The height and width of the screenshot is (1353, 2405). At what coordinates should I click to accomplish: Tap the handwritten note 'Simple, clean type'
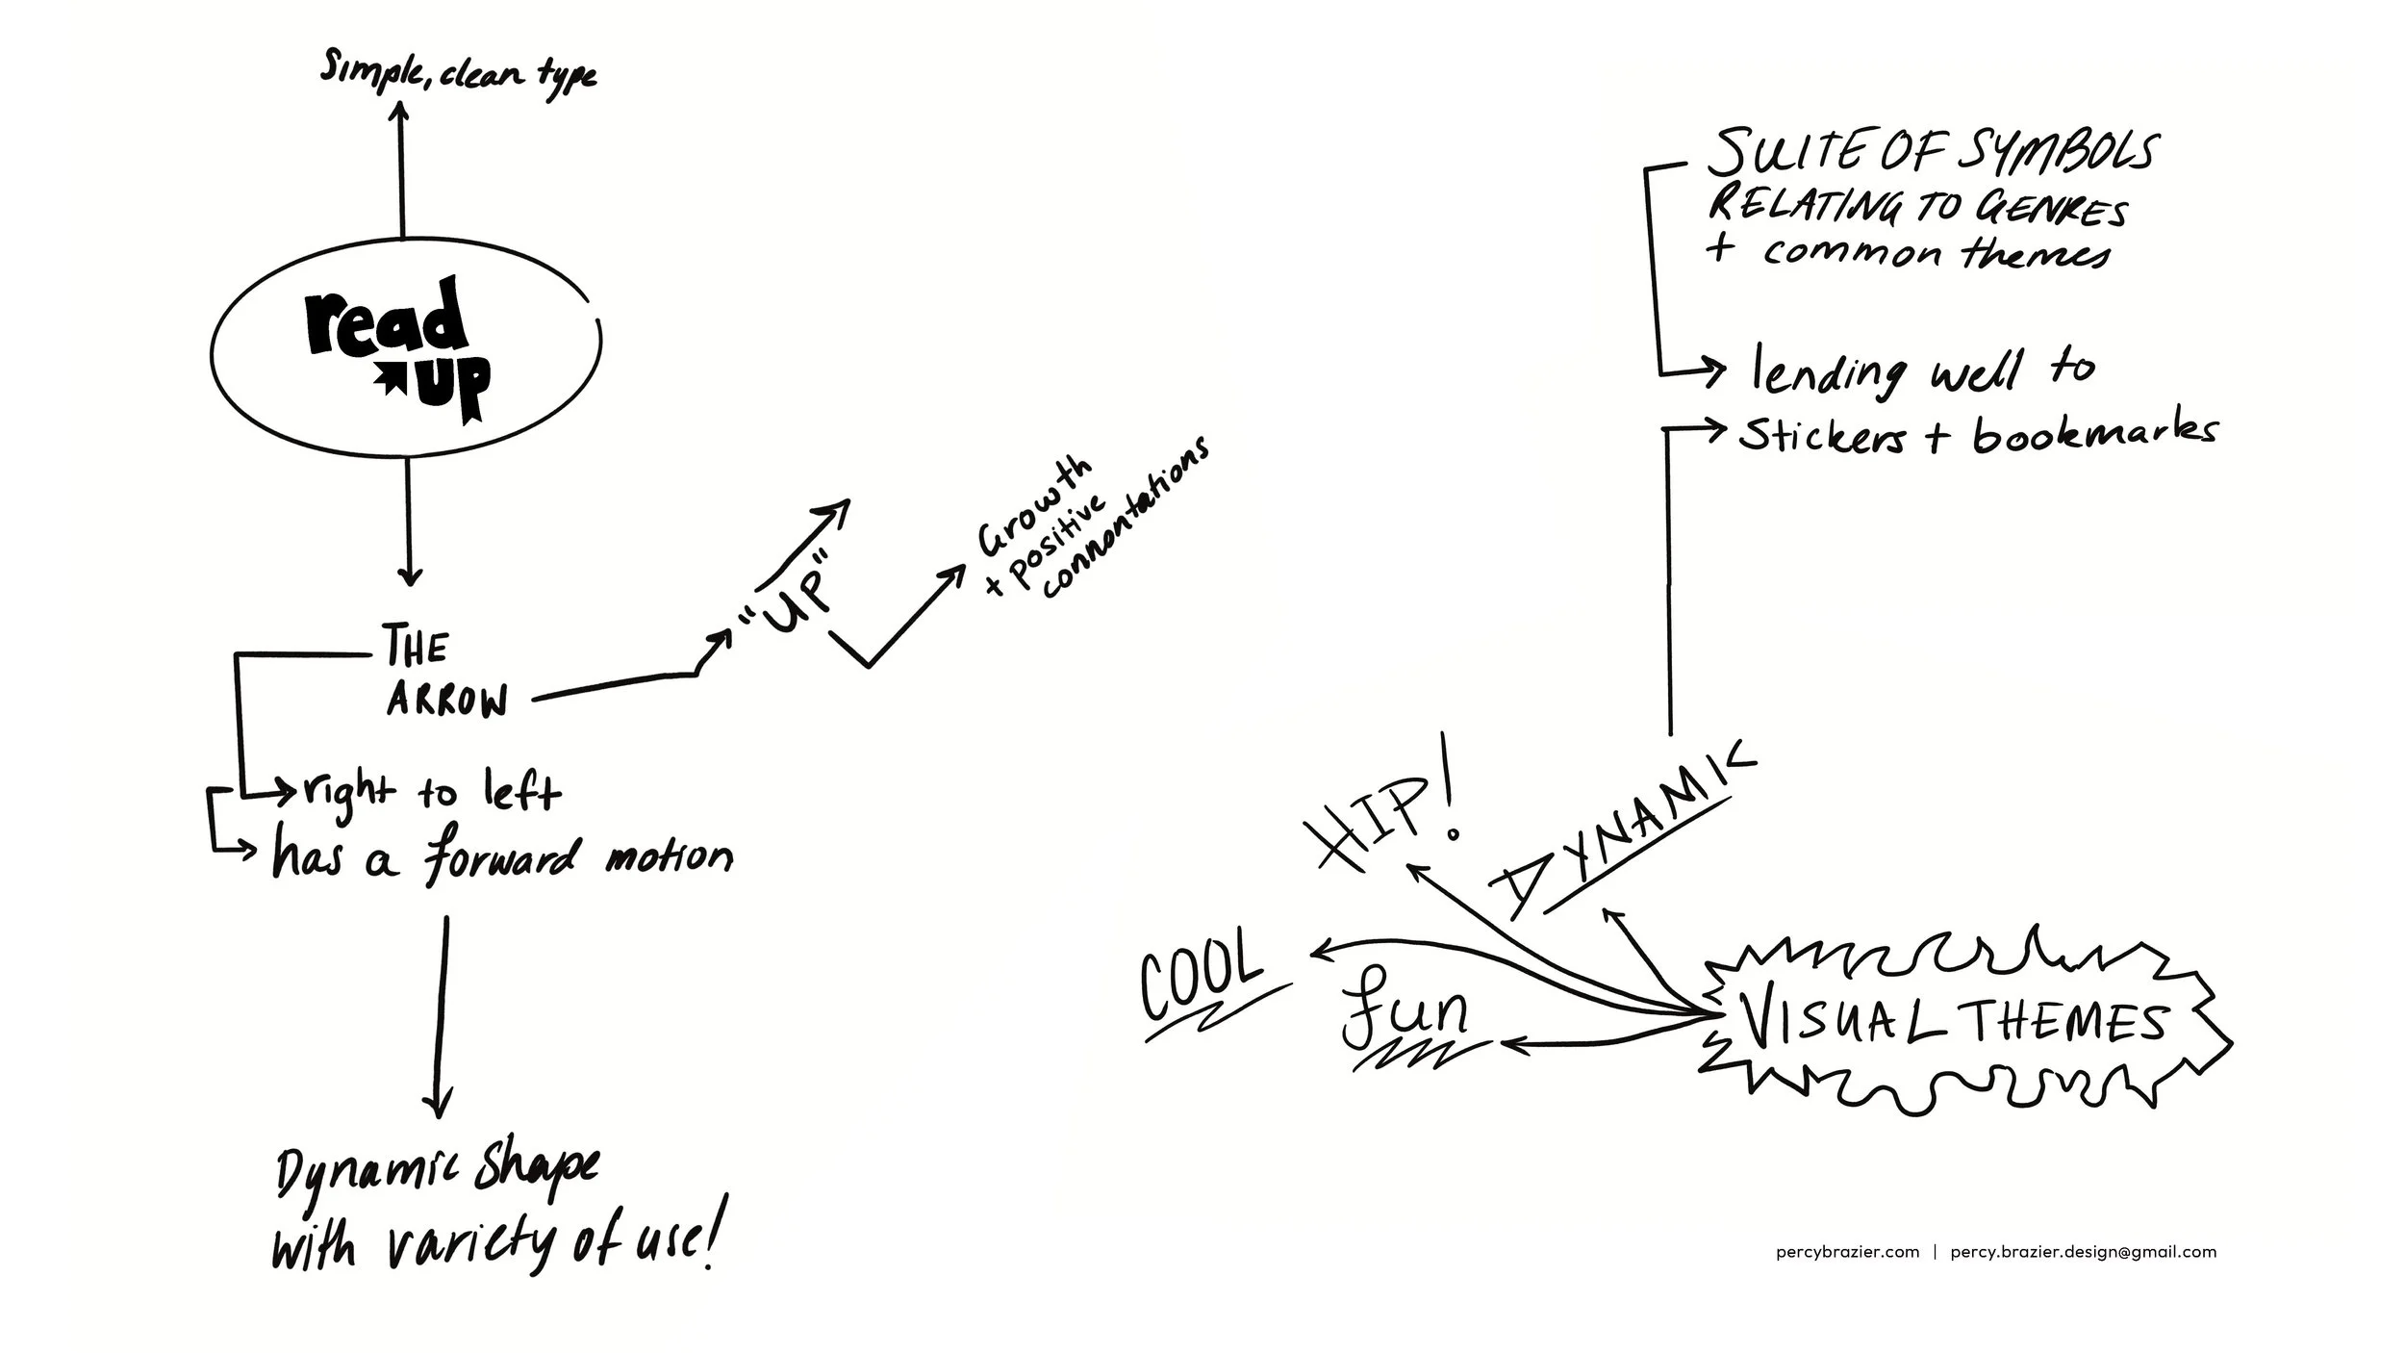coord(458,73)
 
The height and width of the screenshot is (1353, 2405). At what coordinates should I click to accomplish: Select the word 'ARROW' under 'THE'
coord(446,702)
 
